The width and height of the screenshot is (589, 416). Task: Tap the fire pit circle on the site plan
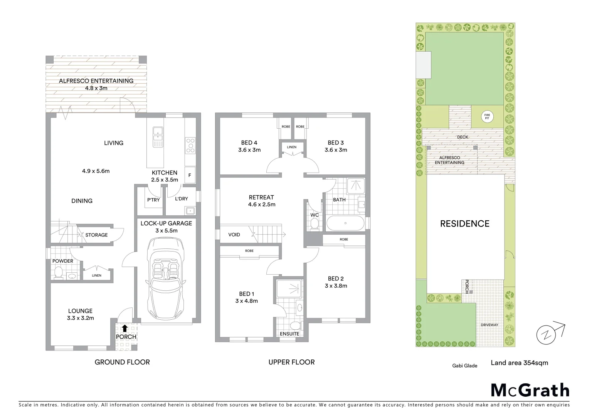[x=487, y=116]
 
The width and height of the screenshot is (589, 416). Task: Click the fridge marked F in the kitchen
[x=190, y=175]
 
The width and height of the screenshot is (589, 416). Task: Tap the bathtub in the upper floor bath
[x=345, y=223]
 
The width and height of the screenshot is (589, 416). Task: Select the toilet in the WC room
[x=315, y=224]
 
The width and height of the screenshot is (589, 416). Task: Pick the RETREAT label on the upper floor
[x=261, y=197]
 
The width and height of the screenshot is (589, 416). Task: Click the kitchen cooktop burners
[x=190, y=146]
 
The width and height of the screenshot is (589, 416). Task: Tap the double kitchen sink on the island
[x=158, y=134]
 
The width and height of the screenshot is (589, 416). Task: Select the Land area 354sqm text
[x=519, y=362]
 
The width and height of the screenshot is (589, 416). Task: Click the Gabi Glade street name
[x=464, y=366]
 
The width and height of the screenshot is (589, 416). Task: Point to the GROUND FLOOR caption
[x=122, y=362]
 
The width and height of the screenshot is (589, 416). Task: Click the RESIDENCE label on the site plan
[x=464, y=224]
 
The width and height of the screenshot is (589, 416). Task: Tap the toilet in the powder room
[x=59, y=273]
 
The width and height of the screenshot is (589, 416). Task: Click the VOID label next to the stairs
[x=234, y=235]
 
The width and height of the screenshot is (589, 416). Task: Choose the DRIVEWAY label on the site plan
[x=489, y=325]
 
